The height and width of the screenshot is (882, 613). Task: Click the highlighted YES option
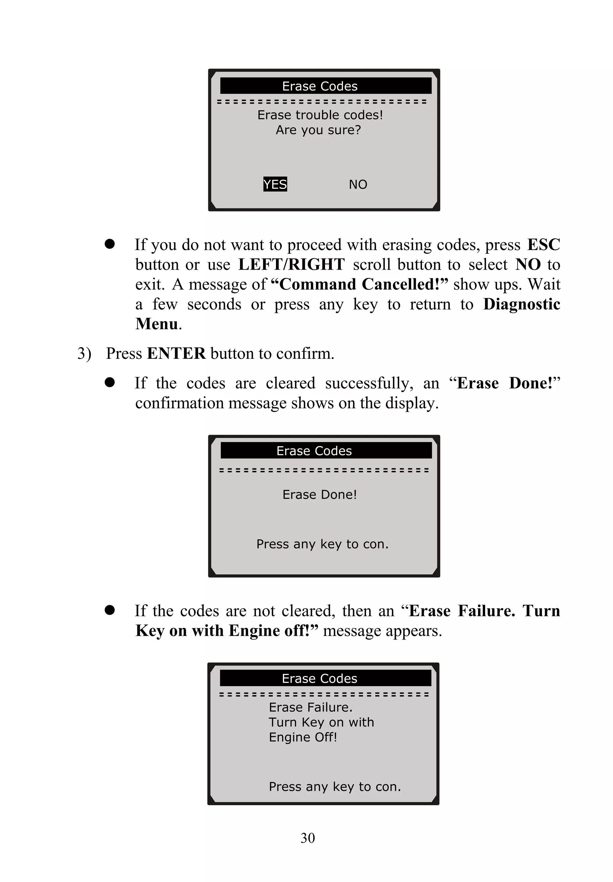pyautogui.click(x=275, y=184)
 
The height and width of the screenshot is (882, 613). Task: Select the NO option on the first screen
pyautogui.click(x=358, y=185)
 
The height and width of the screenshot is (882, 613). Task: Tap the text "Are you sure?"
pyautogui.click(x=318, y=130)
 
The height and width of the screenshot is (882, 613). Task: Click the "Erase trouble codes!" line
pyautogui.click(x=320, y=115)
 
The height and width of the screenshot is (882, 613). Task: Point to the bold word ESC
pyautogui.click(x=544, y=245)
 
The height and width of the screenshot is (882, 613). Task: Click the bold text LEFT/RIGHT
pyautogui.click(x=291, y=265)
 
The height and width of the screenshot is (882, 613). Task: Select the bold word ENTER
pyautogui.click(x=176, y=353)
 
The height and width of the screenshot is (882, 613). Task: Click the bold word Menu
pyautogui.click(x=157, y=324)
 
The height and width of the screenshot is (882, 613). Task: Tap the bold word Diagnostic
pyautogui.click(x=521, y=304)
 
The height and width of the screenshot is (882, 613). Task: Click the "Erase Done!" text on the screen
pyautogui.click(x=320, y=494)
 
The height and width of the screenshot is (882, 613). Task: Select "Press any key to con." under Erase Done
pyautogui.click(x=322, y=544)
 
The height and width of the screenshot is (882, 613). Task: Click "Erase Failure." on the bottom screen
pyautogui.click(x=310, y=707)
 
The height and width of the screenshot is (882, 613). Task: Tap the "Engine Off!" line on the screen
pyautogui.click(x=303, y=737)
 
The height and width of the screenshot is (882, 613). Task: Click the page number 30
pyautogui.click(x=307, y=837)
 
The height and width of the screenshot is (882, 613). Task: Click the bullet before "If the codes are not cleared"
pyautogui.click(x=110, y=611)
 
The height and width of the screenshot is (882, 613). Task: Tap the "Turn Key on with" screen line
pyautogui.click(x=321, y=722)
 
